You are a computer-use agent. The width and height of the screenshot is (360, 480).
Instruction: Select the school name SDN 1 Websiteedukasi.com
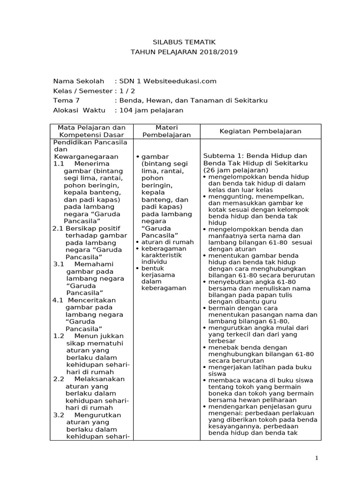coord(167,81)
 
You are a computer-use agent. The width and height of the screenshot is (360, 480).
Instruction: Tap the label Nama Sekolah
coord(78,81)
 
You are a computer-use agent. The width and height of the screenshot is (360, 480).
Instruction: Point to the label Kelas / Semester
coord(83,91)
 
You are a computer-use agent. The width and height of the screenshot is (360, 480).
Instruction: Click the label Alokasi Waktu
coord(79,110)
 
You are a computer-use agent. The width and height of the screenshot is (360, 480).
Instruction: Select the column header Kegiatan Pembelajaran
coord(261,131)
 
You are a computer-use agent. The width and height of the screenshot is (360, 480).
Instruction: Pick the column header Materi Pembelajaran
coord(166,131)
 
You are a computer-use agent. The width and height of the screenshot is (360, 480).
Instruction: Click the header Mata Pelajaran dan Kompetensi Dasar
coord(91,131)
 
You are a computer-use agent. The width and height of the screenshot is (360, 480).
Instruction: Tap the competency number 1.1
coord(59,164)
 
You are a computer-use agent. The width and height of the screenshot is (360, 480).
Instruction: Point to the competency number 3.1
coord(59,264)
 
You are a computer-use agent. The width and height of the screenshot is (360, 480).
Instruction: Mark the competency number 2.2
coord(59,379)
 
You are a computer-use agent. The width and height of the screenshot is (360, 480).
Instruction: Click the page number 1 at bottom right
coord(317,458)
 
